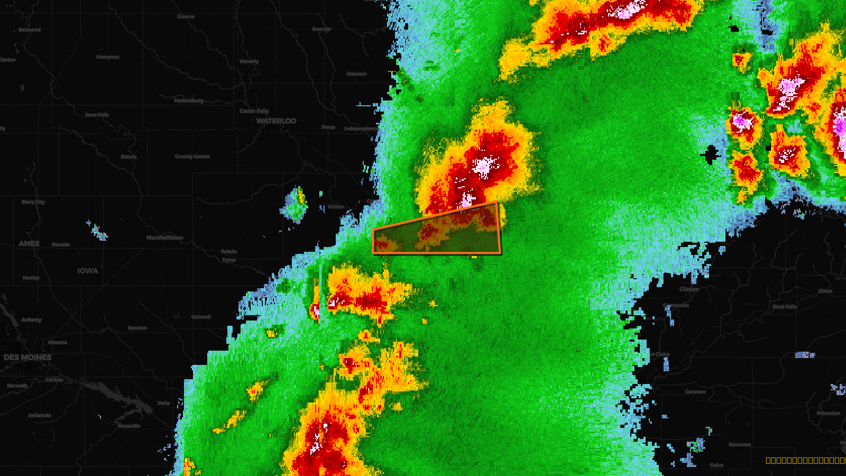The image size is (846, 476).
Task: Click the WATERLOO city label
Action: [x=276, y=121]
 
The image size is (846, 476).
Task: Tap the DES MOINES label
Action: [x=27, y=358]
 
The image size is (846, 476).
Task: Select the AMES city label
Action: [x=29, y=244]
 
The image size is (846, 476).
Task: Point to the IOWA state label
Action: [x=88, y=271]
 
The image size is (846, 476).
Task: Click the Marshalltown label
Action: [x=164, y=238]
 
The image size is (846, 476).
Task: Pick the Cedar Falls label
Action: [x=254, y=111]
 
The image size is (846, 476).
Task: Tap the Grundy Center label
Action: [x=192, y=157]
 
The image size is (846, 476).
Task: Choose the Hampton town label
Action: [x=108, y=57]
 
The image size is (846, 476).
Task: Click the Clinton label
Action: [x=689, y=289]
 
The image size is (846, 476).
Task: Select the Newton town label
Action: [x=137, y=328]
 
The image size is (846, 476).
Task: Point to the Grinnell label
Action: [x=201, y=317]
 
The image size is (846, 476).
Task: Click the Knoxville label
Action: [x=129, y=426]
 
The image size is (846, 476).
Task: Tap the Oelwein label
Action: [x=357, y=74]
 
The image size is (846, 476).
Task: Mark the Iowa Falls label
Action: [x=97, y=115]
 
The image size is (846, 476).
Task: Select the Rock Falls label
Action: [x=784, y=307]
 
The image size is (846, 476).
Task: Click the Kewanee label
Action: [x=740, y=445]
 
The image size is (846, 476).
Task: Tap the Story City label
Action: [x=33, y=202]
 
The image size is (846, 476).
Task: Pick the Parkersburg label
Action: [x=189, y=100]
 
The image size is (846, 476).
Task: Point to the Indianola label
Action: [x=40, y=415]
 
